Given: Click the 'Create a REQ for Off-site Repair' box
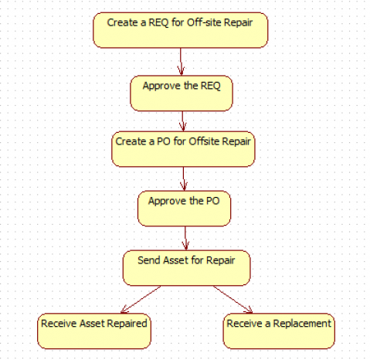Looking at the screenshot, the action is click(180, 30).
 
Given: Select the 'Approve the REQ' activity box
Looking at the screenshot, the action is click(182, 93).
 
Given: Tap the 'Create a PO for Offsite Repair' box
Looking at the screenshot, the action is click(183, 149).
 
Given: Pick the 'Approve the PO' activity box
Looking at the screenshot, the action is click(184, 209).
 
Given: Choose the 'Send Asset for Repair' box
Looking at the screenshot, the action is click(186, 268).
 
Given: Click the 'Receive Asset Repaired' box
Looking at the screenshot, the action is click(94, 331).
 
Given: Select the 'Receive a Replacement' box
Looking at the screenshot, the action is click(279, 331).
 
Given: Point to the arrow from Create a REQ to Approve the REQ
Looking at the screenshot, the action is click(181, 62).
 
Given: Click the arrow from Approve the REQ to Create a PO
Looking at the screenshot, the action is click(182, 121).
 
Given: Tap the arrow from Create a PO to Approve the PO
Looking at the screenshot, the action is click(184, 178).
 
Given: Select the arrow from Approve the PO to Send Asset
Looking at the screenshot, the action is click(185, 238).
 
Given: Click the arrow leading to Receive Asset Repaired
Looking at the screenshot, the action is click(141, 300).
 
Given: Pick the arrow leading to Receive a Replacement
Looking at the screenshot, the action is click(233, 300).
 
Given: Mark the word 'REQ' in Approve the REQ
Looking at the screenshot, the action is click(210, 86).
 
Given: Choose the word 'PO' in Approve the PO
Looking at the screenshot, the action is click(212, 201).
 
